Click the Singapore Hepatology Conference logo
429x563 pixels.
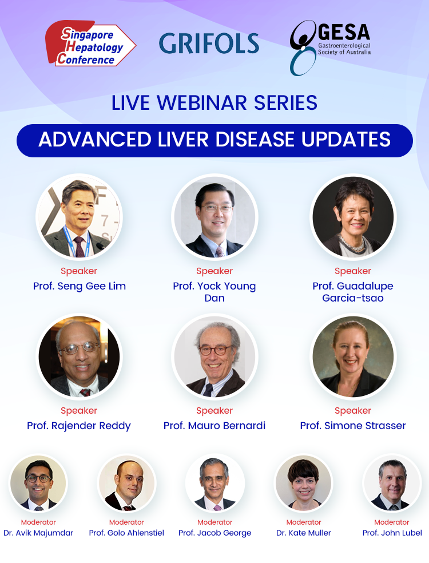[x=90, y=43]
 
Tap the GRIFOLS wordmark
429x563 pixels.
[x=209, y=43]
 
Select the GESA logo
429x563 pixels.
[x=330, y=47]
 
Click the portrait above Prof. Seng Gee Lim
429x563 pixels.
[x=79, y=217]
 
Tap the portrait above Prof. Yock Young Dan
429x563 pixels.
[x=214, y=217]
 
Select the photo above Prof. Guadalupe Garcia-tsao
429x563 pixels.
[x=353, y=217]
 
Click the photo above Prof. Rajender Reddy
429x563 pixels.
[x=79, y=356]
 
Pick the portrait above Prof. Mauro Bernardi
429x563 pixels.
[x=214, y=356]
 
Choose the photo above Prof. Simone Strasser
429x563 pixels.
[x=353, y=356]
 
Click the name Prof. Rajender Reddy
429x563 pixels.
[x=79, y=426]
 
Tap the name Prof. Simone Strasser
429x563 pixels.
[x=353, y=426]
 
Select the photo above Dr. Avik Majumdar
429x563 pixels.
[x=38, y=483]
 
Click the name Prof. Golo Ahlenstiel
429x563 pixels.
[x=126, y=533]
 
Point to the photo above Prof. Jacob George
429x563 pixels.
[x=215, y=483]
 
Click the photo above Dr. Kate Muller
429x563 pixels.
[x=304, y=483]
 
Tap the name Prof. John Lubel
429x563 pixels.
[x=392, y=533]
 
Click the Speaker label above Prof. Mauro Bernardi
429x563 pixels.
[x=214, y=410]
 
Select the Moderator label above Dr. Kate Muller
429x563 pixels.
[x=304, y=522]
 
